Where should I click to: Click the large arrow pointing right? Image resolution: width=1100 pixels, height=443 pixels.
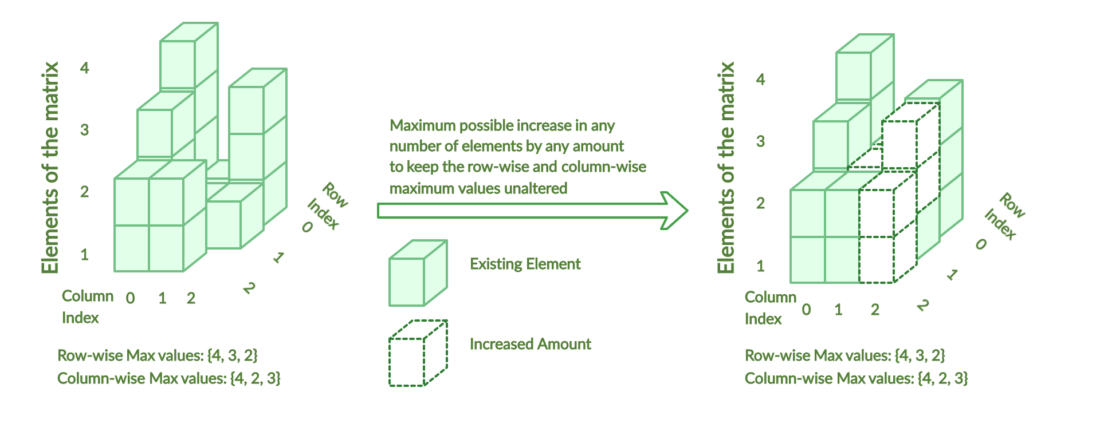[x=533, y=211]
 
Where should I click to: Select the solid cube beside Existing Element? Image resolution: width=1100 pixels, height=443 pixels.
[x=418, y=273]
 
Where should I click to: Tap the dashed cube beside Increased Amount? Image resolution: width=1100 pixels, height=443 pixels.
[x=418, y=353]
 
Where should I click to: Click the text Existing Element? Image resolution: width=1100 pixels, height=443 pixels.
[x=525, y=264]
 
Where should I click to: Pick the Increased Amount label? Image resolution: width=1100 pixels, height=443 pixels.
[x=530, y=344]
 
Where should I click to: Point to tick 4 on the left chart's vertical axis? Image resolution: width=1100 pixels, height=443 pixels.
[x=85, y=68]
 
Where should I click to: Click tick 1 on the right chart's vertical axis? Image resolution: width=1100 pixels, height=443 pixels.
[x=760, y=266]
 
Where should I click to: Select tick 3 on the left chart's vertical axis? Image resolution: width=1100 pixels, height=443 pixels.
[x=85, y=130]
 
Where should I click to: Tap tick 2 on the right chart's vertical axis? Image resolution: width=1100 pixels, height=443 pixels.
[x=760, y=203]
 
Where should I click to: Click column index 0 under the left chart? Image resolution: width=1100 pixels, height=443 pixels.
[x=131, y=298]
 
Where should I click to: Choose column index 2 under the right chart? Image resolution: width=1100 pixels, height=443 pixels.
[x=875, y=310]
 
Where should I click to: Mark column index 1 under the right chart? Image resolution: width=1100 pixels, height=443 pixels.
[x=838, y=310]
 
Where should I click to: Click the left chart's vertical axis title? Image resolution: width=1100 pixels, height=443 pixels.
[x=50, y=168]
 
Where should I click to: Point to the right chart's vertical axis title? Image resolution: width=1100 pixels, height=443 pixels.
[x=726, y=168]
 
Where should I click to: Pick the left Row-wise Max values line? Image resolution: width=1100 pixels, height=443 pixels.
[x=158, y=355]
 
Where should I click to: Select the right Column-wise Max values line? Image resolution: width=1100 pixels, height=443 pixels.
[x=857, y=378]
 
